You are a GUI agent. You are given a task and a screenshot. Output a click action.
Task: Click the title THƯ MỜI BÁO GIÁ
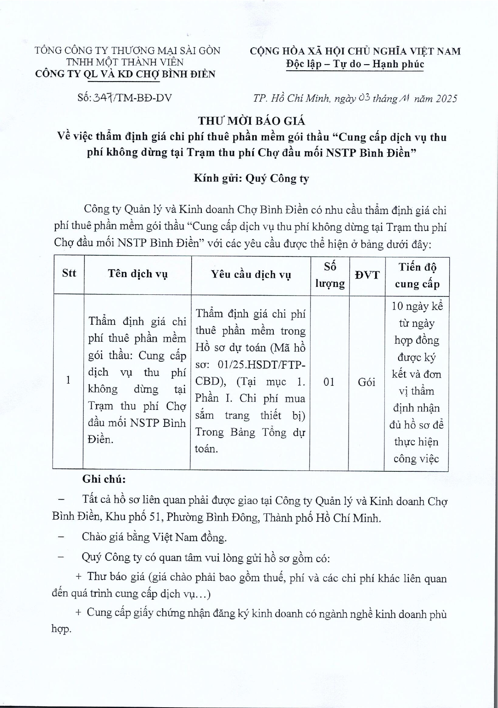[x=251, y=121]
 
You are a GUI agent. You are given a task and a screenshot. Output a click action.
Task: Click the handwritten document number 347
[x=103, y=98]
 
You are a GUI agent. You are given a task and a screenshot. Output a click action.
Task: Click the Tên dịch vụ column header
[x=137, y=274]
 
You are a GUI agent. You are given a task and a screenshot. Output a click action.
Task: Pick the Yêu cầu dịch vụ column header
[x=251, y=275]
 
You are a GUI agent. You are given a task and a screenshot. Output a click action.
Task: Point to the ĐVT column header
[x=367, y=275]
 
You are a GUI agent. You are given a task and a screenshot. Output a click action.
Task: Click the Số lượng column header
[x=330, y=275]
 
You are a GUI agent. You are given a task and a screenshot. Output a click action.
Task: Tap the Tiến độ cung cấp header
[x=417, y=275]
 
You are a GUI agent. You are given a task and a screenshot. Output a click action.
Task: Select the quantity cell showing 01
[x=329, y=382]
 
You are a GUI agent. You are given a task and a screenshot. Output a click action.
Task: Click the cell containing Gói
[x=366, y=382]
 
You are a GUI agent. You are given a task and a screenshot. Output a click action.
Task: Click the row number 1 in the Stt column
[x=68, y=380]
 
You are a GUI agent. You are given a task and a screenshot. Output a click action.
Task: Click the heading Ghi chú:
[x=104, y=479]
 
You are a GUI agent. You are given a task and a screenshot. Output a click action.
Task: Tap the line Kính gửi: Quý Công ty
[x=251, y=179]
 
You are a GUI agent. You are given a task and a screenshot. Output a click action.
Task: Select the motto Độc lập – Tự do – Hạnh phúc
[x=355, y=64]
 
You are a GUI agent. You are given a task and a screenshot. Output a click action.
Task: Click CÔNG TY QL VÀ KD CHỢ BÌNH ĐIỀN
[x=125, y=74]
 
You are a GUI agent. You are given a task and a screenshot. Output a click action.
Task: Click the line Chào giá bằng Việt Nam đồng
[x=154, y=537]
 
